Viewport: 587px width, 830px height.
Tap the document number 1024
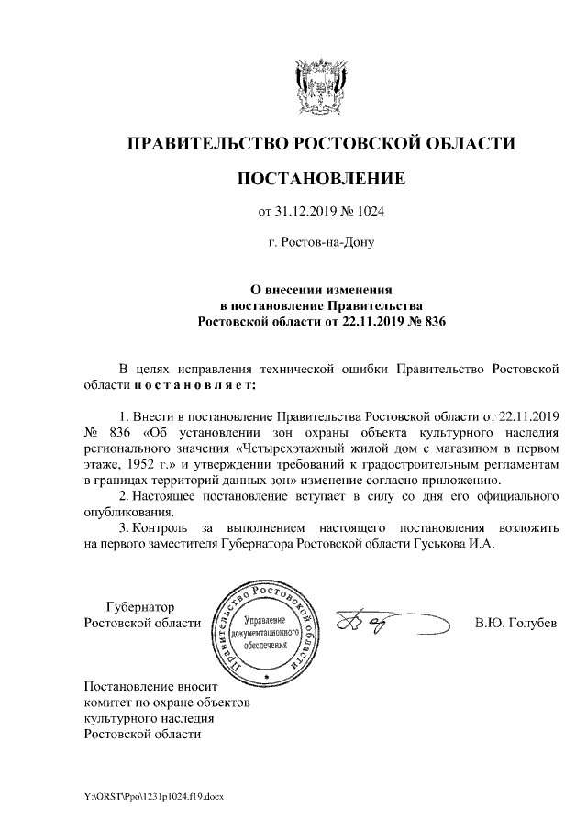point(369,212)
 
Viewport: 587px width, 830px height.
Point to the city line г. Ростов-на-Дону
point(320,245)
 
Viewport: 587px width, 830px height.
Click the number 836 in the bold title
point(430,322)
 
